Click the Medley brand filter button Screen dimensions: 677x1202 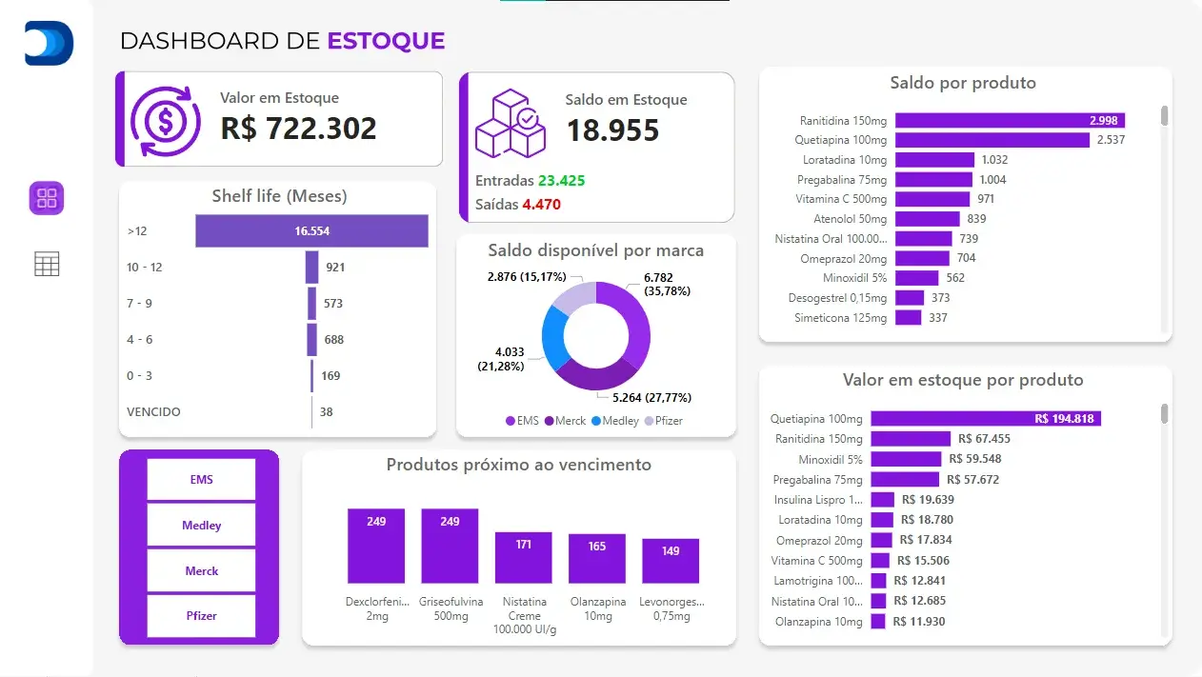pyautogui.click(x=201, y=525)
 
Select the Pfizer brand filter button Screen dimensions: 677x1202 pyautogui.click(x=201, y=615)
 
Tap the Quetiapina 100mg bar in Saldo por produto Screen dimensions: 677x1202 pyautogui.click(x=992, y=140)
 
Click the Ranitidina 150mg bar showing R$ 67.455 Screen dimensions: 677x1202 pyautogui.click(x=910, y=439)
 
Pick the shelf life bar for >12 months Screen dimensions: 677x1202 pyautogui.click(x=311, y=230)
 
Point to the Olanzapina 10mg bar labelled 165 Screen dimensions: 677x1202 pyautogui.click(x=597, y=559)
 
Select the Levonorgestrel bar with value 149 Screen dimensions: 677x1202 pyautogui.click(x=671, y=562)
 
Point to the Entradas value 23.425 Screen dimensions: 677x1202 pyautogui.click(x=560, y=180)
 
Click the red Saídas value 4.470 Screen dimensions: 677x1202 pyautogui.click(x=541, y=204)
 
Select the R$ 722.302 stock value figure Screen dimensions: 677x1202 pyautogui.click(x=298, y=129)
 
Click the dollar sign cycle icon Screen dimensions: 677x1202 pyautogui.click(x=166, y=120)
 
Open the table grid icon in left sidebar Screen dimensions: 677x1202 pyautogui.click(x=47, y=264)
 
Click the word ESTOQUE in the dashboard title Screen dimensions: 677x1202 pyautogui.click(x=386, y=41)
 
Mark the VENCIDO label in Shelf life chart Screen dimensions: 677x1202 pyautogui.click(x=153, y=412)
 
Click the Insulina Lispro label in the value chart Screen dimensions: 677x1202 pyautogui.click(x=818, y=500)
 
